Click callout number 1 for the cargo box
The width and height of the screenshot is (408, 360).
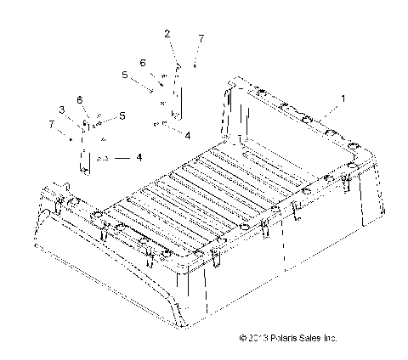coord(343,99)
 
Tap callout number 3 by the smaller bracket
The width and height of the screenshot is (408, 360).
coord(61,110)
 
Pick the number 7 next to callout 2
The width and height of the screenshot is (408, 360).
coord(201,39)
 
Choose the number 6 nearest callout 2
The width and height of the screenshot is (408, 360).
coord(143,63)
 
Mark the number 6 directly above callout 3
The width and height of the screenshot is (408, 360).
coord(79,100)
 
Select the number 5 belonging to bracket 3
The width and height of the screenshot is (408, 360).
coord(122,115)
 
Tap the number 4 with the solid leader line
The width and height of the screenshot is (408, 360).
coord(139,158)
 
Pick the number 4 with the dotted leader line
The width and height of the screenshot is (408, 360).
coord(187,134)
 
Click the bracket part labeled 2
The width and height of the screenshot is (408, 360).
coord(178,92)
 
